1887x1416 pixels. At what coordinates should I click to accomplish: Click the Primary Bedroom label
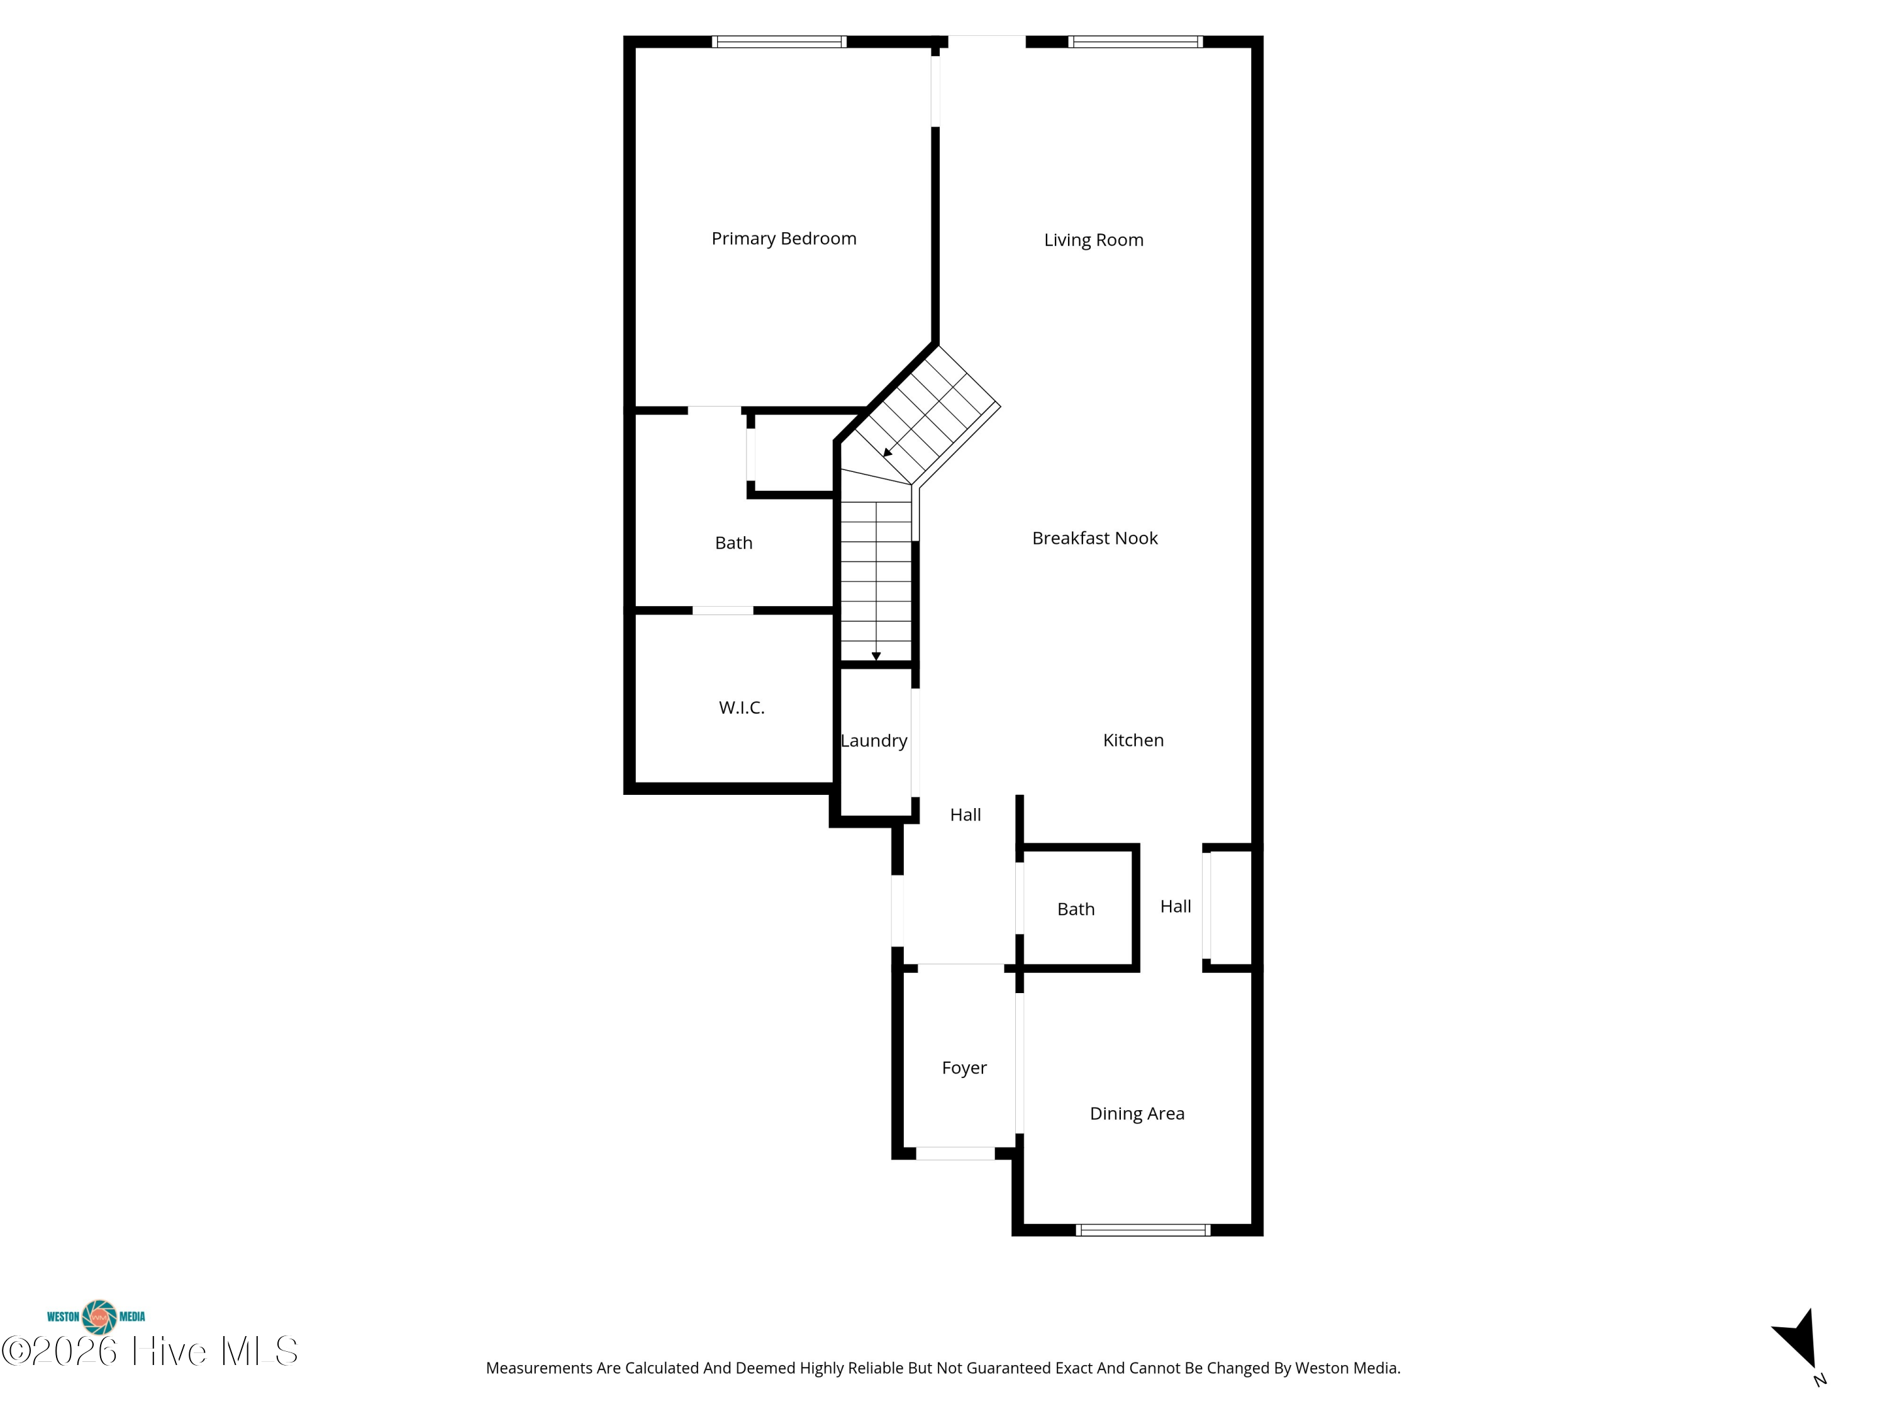click(783, 239)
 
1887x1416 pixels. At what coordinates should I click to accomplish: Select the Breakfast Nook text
click(1094, 539)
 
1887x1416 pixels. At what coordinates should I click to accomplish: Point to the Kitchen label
click(1132, 741)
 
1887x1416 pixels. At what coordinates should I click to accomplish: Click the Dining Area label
click(1137, 1114)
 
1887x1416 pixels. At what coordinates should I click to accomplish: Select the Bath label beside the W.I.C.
click(733, 544)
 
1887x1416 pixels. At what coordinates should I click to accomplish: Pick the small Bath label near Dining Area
click(1075, 910)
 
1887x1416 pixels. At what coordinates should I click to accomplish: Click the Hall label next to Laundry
click(965, 815)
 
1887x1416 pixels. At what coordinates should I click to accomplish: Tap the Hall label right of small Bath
click(1175, 906)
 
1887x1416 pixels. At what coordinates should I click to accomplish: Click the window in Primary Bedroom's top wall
click(778, 42)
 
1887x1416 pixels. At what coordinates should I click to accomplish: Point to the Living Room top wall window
click(1135, 42)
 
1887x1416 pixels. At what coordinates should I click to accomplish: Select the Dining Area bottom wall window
click(1142, 1230)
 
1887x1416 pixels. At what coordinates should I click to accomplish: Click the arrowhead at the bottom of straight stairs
click(876, 656)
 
